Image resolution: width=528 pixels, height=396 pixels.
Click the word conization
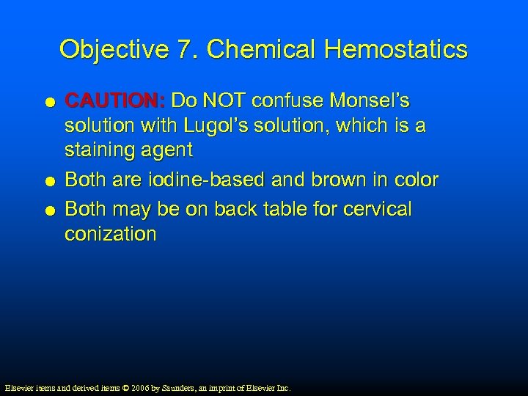[x=111, y=235]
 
